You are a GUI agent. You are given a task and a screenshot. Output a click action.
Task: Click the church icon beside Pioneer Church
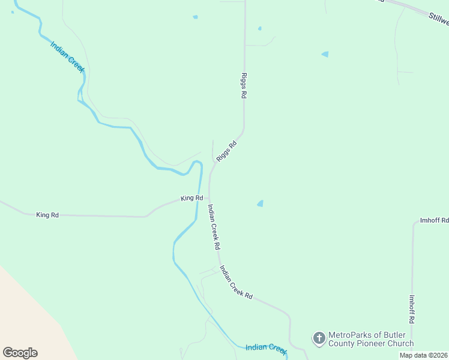(x=319, y=338)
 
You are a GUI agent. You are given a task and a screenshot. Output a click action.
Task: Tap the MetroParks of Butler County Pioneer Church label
(x=370, y=339)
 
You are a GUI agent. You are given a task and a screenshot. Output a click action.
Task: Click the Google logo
(x=20, y=352)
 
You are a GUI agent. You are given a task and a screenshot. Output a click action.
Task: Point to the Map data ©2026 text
(x=423, y=355)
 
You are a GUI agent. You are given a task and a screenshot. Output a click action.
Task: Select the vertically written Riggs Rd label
(x=244, y=86)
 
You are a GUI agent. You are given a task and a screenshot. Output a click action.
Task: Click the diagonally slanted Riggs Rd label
(x=226, y=151)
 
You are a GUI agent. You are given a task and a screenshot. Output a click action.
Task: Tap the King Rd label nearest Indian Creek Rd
(x=192, y=198)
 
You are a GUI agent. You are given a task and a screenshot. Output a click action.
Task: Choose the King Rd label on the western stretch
(x=47, y=214)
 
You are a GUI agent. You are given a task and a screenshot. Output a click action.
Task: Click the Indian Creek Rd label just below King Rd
(x=214, y=227)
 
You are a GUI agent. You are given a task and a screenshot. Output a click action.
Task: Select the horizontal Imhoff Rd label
(x=435, y=220)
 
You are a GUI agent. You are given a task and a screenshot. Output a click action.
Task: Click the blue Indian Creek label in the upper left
(x=67, y=57)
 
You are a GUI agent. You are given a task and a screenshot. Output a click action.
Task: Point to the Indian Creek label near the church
(x=267, y=347)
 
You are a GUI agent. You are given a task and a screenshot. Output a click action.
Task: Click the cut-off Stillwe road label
(x=438, y=18)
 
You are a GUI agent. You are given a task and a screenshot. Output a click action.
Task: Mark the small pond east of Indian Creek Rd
(x=260, y=203)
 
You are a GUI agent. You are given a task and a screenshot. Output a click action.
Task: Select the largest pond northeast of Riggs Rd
(x=325, y=54)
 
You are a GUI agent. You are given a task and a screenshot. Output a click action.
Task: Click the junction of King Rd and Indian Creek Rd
(x=209, y=198)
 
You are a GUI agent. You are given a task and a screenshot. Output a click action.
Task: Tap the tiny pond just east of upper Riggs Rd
(x=259, y=28)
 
